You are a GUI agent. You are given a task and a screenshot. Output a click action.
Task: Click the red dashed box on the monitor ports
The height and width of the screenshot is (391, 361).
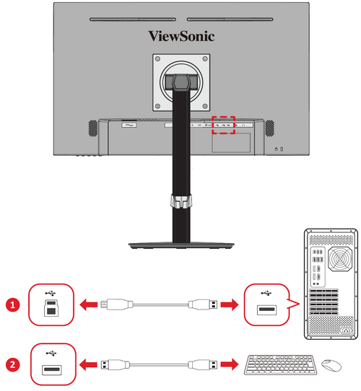pos(225,125)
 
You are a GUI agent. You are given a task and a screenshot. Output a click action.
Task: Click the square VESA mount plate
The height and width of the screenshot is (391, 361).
pos(180,81)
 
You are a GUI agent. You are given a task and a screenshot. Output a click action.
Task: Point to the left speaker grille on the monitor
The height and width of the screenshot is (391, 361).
pos(92,127)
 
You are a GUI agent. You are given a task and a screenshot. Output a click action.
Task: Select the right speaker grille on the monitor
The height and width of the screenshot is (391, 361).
pos(269,127)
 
